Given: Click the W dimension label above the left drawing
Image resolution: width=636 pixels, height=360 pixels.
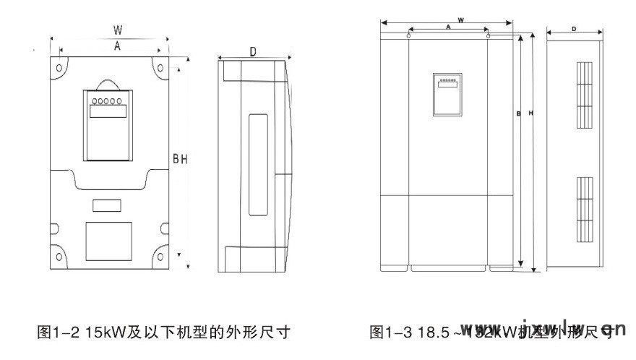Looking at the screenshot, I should click(x=117, y=30).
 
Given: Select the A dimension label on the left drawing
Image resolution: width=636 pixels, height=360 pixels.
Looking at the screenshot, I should click(x=116, y=45).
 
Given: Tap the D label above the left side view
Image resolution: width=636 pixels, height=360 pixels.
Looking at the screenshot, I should click(x=253, y=51).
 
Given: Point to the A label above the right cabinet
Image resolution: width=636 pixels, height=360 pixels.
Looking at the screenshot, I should click(x=448, y=27).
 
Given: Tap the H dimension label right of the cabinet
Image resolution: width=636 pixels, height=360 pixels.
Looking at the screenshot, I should click(x=530, y=113).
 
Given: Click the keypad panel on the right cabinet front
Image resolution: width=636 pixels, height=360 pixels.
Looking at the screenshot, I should click(x=447, y=94).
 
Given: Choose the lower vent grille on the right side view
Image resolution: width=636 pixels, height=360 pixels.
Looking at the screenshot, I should click(x=584, y=208).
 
